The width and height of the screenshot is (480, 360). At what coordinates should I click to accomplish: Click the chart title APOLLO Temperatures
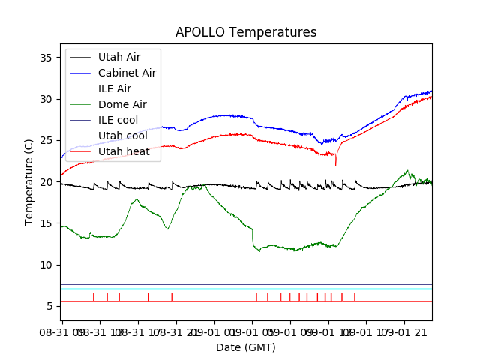246,33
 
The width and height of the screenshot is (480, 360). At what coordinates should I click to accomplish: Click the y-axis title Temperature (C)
29,182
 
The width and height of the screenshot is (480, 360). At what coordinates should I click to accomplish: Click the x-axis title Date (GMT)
246,347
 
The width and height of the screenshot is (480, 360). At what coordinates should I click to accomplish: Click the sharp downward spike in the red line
336,164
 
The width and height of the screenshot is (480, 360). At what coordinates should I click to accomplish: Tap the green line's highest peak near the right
407,171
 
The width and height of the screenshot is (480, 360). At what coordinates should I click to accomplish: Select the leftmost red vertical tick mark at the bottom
94,296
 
